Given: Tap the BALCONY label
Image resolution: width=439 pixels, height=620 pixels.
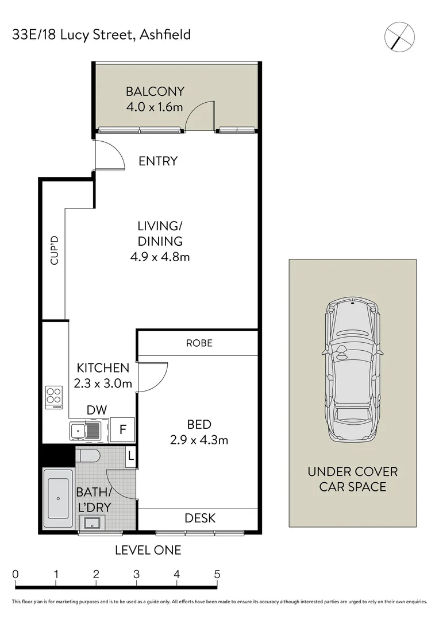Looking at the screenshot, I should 155,91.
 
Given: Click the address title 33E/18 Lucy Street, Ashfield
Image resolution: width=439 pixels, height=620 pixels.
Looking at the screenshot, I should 102,35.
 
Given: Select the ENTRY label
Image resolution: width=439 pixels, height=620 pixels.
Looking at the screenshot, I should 158,161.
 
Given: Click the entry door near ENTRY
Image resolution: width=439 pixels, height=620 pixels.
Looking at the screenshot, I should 109,156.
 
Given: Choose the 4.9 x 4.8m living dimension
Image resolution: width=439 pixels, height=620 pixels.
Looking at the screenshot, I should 160,257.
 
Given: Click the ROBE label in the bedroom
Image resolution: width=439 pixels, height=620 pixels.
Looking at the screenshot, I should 199,343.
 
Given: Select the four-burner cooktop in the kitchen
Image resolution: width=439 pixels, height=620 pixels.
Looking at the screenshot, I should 55,397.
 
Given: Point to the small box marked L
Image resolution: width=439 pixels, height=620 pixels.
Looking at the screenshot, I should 131,456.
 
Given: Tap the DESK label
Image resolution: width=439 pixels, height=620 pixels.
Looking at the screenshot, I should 200,518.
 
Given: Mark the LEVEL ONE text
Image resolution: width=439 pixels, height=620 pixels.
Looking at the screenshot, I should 148,551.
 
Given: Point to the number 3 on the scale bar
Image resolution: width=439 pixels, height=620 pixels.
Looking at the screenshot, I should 136,574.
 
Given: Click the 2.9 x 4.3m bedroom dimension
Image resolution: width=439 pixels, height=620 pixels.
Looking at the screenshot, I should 199,440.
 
